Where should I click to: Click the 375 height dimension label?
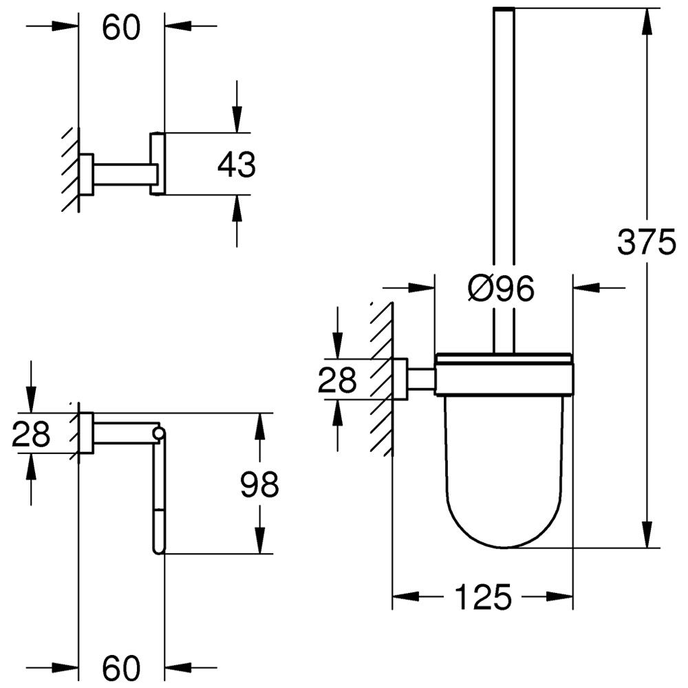pos(647,242)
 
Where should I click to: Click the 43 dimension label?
pos(236,165)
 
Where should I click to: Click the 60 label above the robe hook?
pos(121,27)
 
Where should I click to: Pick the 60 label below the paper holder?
pos(121,665)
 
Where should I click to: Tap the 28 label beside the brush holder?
pos(337,379)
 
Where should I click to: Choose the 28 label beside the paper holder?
pos(31,434)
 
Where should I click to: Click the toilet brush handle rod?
pos(504,172)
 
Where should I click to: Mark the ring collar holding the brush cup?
pos(504,375)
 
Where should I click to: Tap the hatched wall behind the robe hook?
pos(69,169)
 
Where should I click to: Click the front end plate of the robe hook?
pos(158,164)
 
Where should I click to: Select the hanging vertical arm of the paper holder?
pos(159,495)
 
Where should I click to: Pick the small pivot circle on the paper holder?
pos(159,433)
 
